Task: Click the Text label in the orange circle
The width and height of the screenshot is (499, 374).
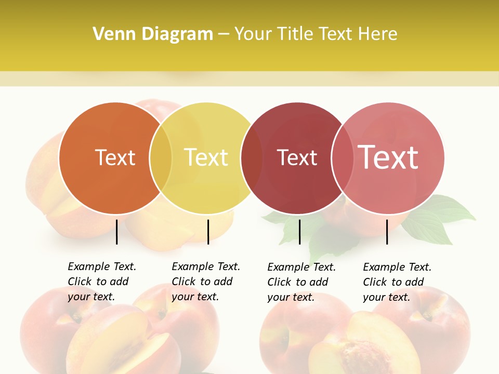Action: [115, 157]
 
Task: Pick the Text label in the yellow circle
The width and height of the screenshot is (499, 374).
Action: [206, 157]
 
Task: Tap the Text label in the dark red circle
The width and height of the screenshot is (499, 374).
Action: [297, 158]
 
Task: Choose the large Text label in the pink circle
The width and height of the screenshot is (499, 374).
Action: [388, 157]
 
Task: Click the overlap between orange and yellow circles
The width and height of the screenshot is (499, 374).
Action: [161, 158]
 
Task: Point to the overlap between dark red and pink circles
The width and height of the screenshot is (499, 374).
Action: [342, 158]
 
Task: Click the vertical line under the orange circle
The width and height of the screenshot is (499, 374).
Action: [117, 232]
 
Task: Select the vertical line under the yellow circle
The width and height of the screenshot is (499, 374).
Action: [208, 232]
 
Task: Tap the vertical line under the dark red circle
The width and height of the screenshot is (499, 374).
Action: [299, 232]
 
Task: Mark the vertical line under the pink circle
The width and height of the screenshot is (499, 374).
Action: [387, 232]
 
